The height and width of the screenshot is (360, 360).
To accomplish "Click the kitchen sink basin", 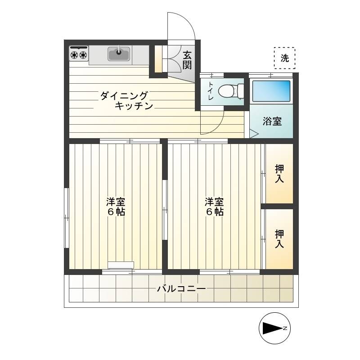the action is tap(119, 54).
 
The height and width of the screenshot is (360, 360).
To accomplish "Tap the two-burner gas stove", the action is tap(79, 53).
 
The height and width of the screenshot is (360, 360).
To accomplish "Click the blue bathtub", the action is tap(271, 91).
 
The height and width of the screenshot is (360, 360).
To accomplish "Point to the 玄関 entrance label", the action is tap(187, 60).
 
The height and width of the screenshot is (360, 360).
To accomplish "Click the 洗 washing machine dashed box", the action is tap(284, 58).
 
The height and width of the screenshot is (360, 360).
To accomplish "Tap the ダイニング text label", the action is tap(124, 95).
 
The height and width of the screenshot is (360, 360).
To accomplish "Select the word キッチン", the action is tap(134, 106).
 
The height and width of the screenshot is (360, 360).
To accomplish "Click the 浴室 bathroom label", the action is tap(272, 121).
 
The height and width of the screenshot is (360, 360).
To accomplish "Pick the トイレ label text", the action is tap(211, 91).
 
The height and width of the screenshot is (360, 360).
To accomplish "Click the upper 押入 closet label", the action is tap(279, 174).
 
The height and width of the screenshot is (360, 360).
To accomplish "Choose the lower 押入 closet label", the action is tap(279, 239).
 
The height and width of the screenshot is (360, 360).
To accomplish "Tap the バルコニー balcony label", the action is tap(181, 288).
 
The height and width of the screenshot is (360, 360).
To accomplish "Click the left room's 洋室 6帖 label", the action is tap(116, 207).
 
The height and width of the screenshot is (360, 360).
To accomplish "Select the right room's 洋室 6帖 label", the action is tap(214, 207).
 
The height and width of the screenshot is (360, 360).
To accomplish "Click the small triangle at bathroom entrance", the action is tap(254, 134).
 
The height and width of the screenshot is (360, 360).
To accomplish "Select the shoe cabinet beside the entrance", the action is tap(158, 59).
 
